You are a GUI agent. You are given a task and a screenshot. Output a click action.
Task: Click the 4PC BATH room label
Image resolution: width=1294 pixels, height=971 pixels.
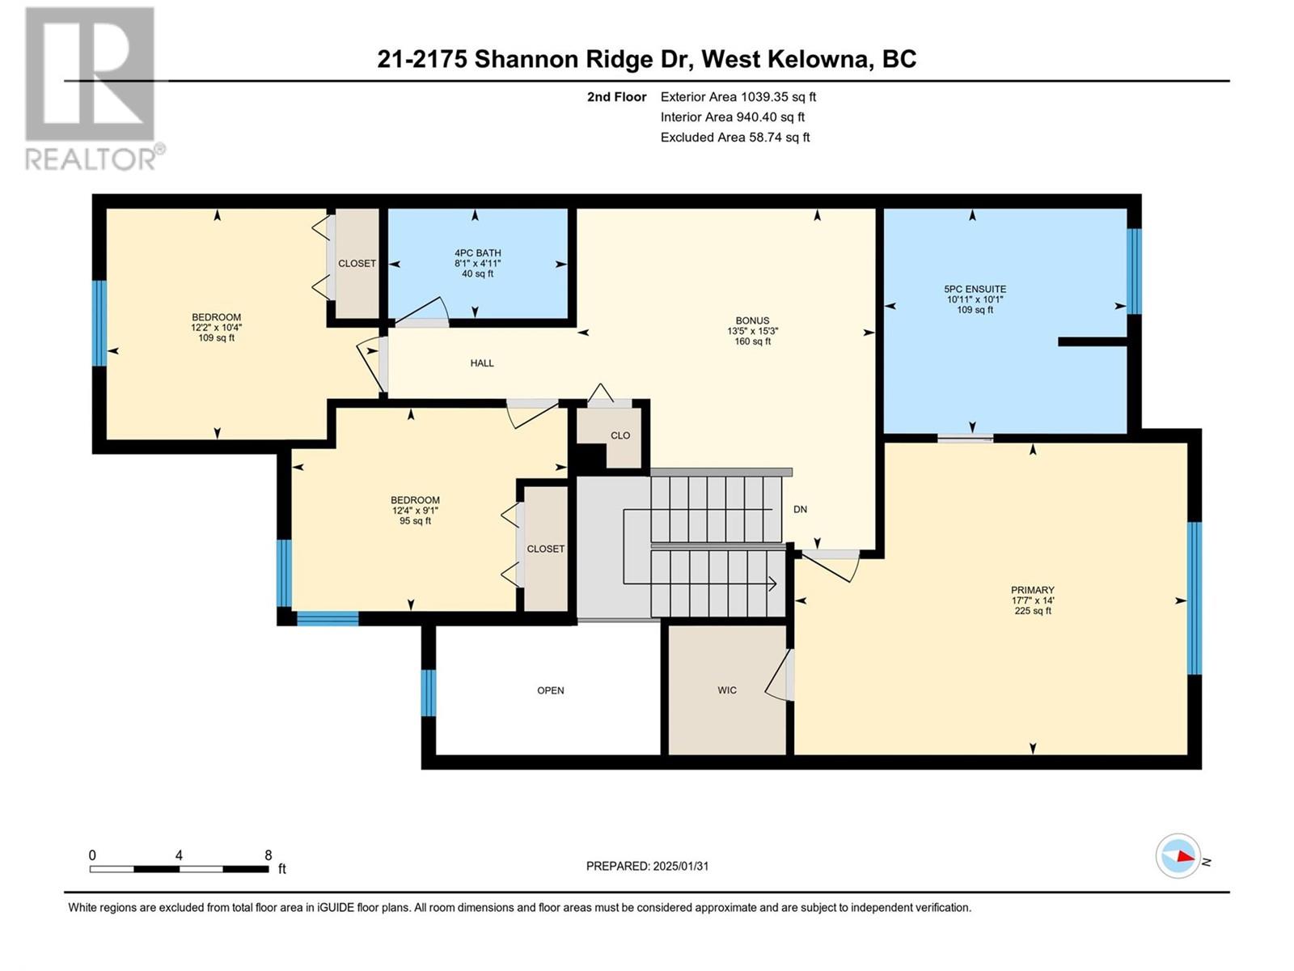click(477, 253)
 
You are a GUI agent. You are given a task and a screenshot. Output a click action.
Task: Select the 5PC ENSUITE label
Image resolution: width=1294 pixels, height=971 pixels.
click(975, 289)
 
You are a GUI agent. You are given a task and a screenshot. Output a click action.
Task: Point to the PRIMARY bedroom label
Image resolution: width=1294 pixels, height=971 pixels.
click(1032, 590)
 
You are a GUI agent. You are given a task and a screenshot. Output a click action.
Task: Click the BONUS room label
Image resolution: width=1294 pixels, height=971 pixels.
click(752, 320)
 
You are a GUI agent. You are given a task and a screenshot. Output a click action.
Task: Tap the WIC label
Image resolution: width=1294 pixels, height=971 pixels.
click(727, 689)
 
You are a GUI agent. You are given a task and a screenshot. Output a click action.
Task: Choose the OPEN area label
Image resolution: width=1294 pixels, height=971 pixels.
click(551, 689)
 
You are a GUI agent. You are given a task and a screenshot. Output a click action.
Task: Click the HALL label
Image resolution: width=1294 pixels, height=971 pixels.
click(482, 363)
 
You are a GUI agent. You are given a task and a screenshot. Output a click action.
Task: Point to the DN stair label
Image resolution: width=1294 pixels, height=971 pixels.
click(800, 510)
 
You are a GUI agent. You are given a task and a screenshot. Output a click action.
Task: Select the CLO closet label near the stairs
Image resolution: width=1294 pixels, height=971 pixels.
click(620, 435)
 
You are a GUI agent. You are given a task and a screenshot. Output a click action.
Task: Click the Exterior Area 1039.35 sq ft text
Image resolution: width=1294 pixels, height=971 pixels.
click(738, 96)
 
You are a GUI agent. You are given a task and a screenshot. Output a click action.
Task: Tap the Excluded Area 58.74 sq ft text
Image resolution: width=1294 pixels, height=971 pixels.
click(735, 138)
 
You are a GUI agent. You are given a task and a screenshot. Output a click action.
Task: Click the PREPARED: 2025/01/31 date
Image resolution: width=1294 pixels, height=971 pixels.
click(647, 866)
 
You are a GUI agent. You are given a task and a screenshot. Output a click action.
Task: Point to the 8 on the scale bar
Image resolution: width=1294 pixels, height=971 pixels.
click(269, 855)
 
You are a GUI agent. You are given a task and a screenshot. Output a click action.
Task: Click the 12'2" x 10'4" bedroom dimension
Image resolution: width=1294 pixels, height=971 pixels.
click(217, 327)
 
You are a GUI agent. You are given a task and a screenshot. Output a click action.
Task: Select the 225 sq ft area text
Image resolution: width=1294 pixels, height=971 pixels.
click(1033, 611)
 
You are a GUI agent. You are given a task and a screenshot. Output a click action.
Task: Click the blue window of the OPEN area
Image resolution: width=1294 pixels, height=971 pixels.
click(429, 693)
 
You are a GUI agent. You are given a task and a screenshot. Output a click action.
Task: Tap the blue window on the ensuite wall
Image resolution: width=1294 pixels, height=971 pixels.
click(1134, 271)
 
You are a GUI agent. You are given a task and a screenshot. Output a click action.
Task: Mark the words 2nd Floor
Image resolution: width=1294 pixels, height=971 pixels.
click(616, 96)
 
